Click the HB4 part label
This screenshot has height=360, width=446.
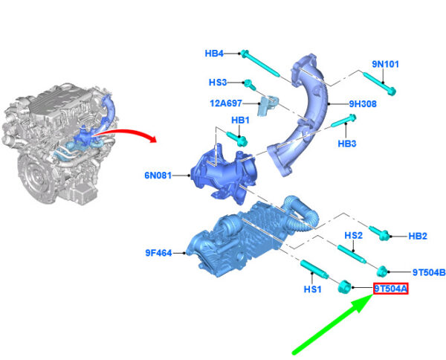[x=214, y=54]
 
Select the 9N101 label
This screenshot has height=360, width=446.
[x=385, y=64]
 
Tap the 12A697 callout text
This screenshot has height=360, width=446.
[x=226, y=103]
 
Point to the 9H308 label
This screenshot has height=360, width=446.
[x=363, y=104]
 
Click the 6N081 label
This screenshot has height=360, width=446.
[x=158, y=176]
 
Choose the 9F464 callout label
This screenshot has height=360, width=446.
[x=159, y=253]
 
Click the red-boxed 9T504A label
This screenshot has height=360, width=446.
[x=391, y=289]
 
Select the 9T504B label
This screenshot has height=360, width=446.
[x=429, y=272]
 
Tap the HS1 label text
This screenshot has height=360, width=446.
[x=313, y=289]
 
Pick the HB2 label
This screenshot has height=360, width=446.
[x=418, y=237]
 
